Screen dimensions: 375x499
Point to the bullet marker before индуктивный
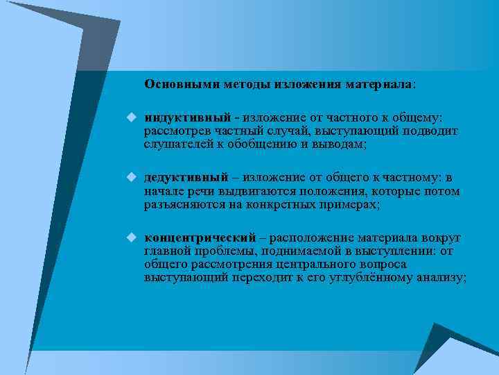[130, 118]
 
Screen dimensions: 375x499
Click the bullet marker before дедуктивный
[130, 178]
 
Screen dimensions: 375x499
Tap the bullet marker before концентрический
[130, 237]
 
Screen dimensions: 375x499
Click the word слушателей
[174, 144]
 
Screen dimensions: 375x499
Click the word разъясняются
[180, 204]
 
